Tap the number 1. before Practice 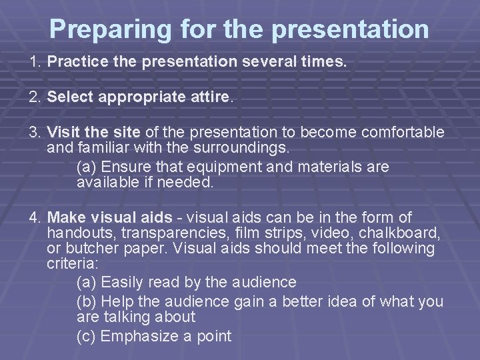(35, 63)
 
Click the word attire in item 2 (210, 97)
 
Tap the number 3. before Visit (35, 132)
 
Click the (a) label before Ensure (87, 166)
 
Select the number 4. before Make (35, 217)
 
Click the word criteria (69, 263)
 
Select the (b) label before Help (87, 301)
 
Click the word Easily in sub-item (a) (121, 282)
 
